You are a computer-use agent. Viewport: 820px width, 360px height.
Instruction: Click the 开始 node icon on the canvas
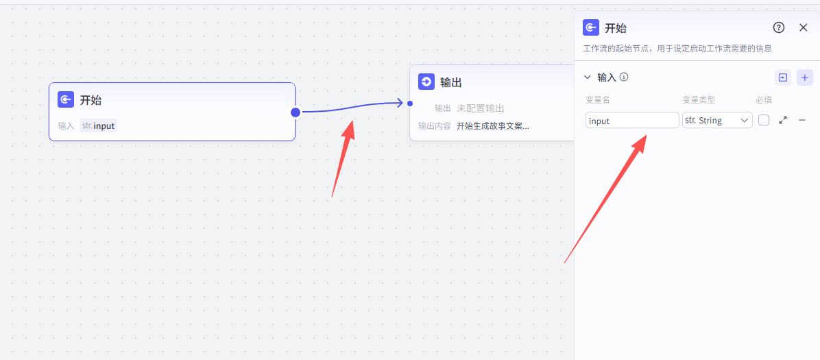[66, 99]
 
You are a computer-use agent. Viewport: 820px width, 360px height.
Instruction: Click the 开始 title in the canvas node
[91, 100]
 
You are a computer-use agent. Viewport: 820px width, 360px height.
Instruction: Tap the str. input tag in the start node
[98, 125]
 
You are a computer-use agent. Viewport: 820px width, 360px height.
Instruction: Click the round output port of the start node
[296, 112]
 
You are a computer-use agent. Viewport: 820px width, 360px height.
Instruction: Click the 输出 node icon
[426, 82]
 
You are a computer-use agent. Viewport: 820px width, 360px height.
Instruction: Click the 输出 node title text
[451, 83]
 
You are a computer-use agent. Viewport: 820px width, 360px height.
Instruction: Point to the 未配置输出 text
[480, 108]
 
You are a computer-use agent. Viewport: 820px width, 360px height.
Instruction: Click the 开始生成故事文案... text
[492, 125]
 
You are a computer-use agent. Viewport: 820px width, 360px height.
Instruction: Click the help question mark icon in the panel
[779, 27]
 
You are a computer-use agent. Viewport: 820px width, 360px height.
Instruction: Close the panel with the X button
[804, 27]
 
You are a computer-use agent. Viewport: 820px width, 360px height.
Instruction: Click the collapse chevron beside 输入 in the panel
[588, 77]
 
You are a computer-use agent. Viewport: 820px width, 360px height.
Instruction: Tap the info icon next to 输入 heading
[624, 77]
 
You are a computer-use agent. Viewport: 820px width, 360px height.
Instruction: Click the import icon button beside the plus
[782, 77]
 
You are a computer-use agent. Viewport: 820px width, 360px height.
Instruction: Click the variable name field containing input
[632, 121]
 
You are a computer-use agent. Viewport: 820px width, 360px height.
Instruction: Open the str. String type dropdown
[717, 121]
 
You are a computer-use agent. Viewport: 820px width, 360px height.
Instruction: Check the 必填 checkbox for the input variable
[764, 120]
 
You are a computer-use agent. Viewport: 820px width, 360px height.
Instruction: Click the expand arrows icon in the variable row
[783, 120]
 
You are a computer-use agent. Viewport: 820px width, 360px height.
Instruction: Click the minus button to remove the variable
[802, 120]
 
